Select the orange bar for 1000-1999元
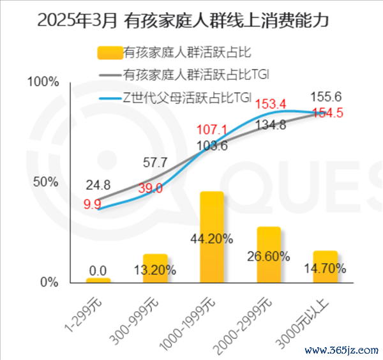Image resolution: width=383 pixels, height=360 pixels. (x=212, y=237)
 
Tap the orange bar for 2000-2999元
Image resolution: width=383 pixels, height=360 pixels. (x=269, y=255)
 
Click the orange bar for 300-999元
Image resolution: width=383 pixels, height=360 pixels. (x=155, y=268)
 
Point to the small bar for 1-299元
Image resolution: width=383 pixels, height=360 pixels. (x=98, y=280)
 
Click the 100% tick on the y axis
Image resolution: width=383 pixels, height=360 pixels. (x=45, y=82)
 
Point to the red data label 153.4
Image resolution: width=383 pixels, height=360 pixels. (x=271, y=103)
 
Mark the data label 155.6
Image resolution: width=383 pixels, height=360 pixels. (x=326, y=97)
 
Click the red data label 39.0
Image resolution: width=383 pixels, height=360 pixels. (x=151, y=188)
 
